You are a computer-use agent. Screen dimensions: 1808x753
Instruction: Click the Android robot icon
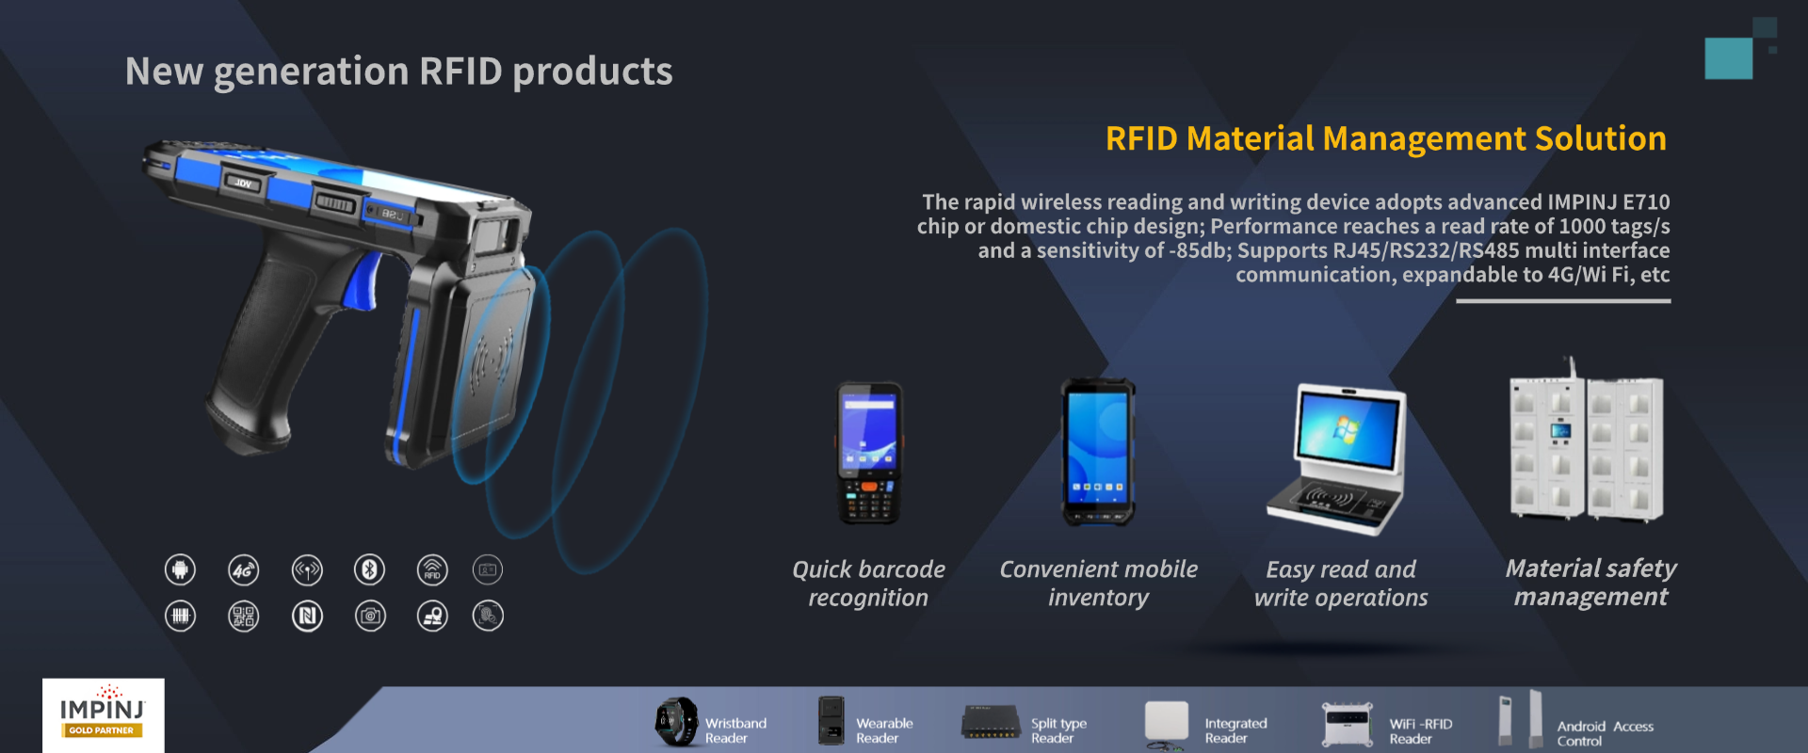(180, 569)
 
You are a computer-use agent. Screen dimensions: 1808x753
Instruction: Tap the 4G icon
(244, 569)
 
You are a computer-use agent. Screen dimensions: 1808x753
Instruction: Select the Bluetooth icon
(369, 569)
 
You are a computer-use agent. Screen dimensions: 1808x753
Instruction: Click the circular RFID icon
(432, 569)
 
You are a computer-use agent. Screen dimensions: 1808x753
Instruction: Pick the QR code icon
(244, 616)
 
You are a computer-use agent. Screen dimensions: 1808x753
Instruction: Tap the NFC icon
(307, 616)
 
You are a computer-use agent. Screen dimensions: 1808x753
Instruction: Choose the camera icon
(370, 616)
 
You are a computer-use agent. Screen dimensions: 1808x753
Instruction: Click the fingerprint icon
(488, 616)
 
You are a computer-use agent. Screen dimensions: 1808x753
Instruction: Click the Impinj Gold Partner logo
(103, 715)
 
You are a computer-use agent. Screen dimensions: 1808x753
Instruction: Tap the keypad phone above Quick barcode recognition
(869, 453)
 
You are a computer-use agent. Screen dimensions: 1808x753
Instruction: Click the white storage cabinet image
(1587, 442)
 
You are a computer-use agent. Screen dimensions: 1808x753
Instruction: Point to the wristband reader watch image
(676, 722)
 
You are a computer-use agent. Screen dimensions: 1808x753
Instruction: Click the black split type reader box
(991, 722)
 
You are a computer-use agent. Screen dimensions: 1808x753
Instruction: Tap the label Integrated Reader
(1235, 730)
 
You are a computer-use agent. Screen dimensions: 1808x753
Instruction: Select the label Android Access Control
(1605, 733)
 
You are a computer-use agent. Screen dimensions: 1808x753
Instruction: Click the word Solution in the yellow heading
(1601, 138)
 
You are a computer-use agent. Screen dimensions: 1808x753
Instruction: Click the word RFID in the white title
(461, 72)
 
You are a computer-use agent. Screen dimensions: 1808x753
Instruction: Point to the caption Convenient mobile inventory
(1099, 584)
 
